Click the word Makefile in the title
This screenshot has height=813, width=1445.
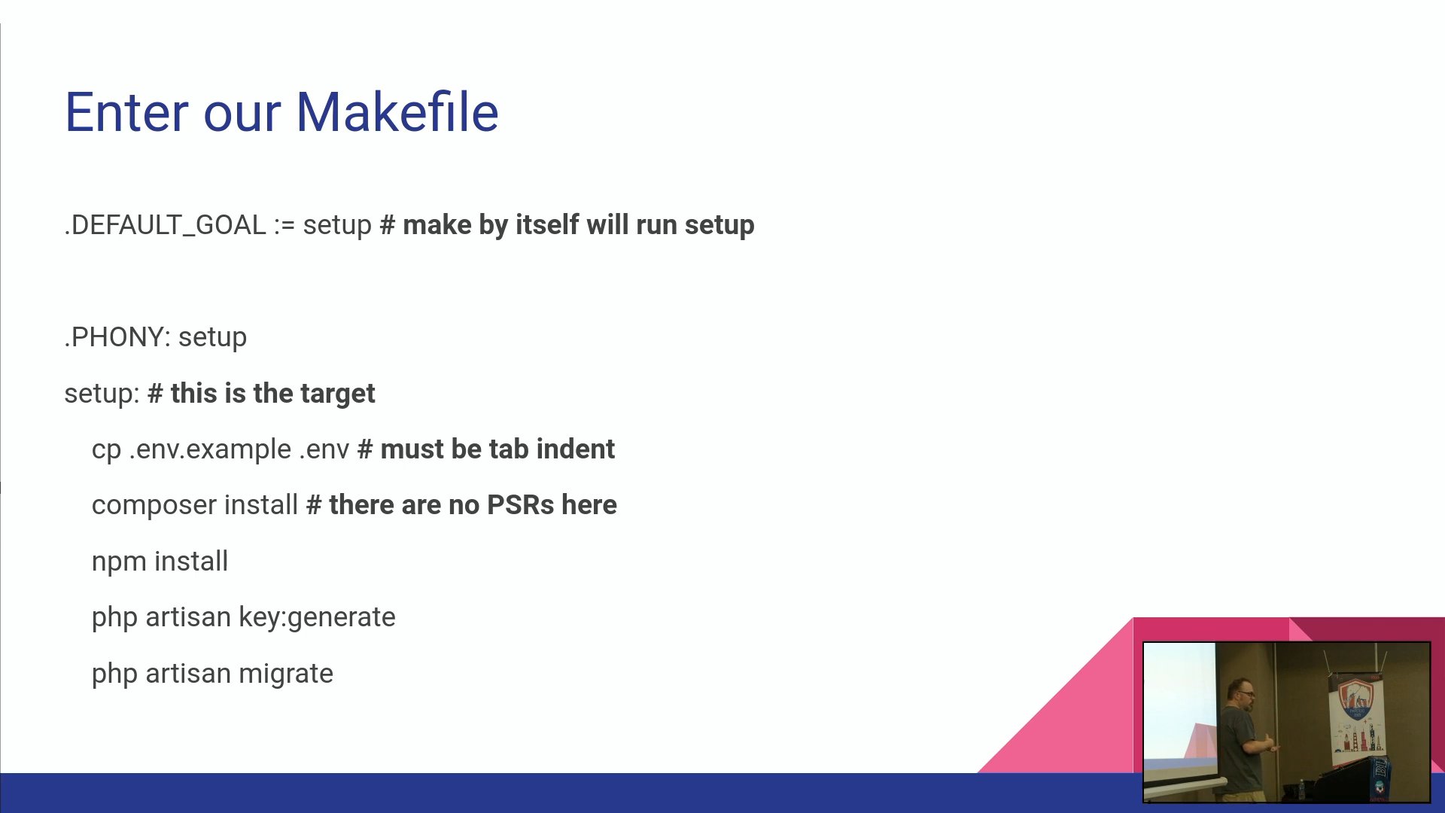(x=397, y=112)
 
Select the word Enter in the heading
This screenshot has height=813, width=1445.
(x=126, y=112)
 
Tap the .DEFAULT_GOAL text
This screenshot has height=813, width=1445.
(x=165, y=225)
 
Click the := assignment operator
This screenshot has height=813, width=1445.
(x=284, y=225)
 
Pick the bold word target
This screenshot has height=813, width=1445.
(x=337, y=394)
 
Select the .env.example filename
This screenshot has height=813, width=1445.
(x=210, y=449)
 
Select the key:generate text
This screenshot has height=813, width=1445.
(x=317, y=618)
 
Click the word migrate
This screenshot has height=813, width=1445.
(x=285, y=674)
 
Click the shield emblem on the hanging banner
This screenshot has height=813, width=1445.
(x=1355, y=699)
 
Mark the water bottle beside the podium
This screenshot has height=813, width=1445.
(x=1301, y=790)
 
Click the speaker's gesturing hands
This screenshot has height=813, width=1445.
(x=1272, y=744)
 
